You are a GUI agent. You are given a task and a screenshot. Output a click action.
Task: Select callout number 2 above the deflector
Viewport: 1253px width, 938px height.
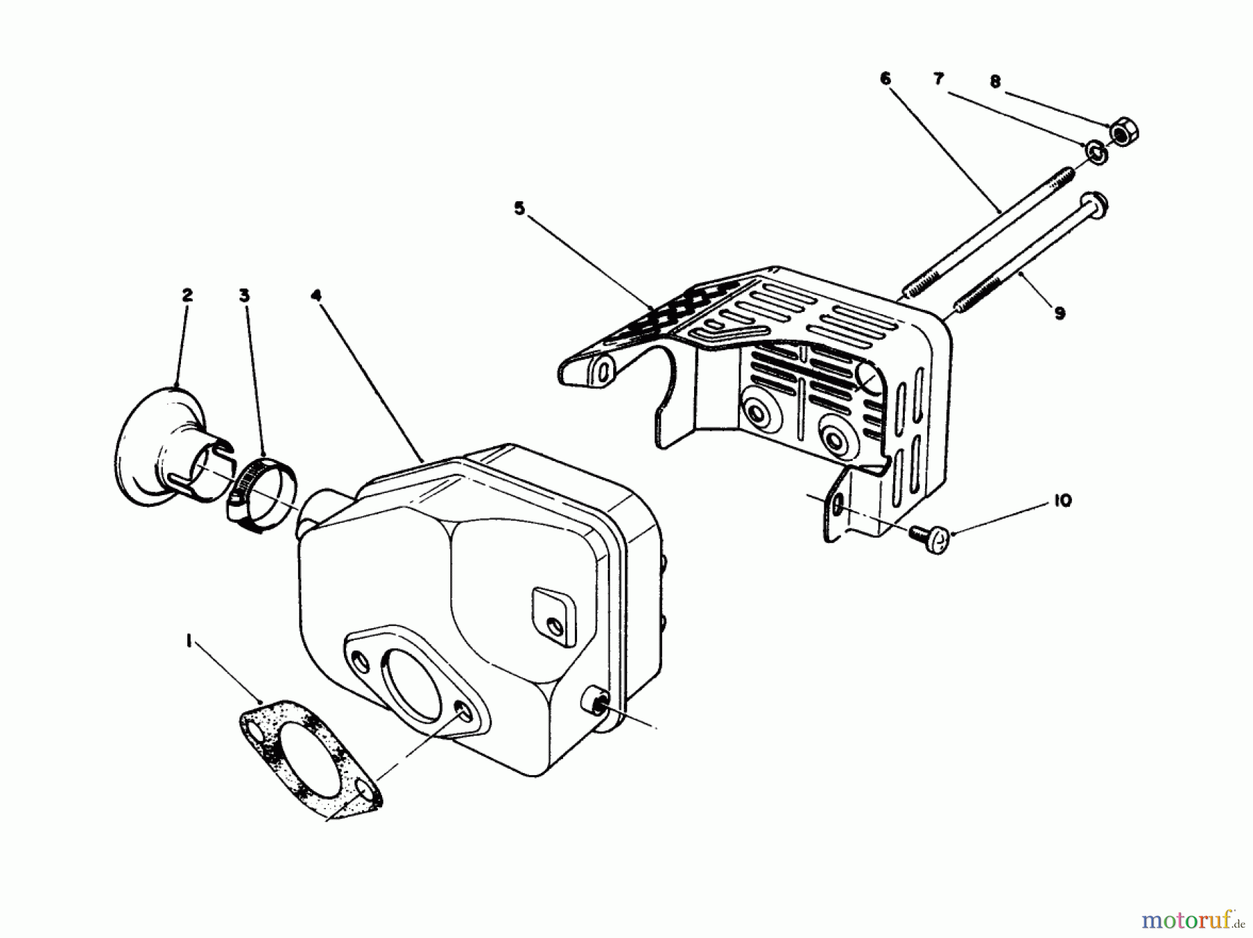point(187,295)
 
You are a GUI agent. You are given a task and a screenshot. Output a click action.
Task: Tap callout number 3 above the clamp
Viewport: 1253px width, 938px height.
point(244,295)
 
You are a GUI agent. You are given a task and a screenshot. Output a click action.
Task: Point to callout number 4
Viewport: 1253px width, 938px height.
point(316,295)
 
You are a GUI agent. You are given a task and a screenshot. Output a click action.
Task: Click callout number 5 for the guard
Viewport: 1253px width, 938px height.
point(519,208)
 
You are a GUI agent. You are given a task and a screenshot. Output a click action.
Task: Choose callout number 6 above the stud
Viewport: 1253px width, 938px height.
point(885,79)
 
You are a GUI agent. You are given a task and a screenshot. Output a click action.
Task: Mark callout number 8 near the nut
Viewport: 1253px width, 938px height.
point(995,81)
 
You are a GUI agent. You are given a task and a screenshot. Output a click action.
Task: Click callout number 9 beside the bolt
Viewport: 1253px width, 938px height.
point(1059,313)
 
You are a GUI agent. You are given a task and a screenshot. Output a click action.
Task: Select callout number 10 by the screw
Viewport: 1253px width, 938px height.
point(1062,501)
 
